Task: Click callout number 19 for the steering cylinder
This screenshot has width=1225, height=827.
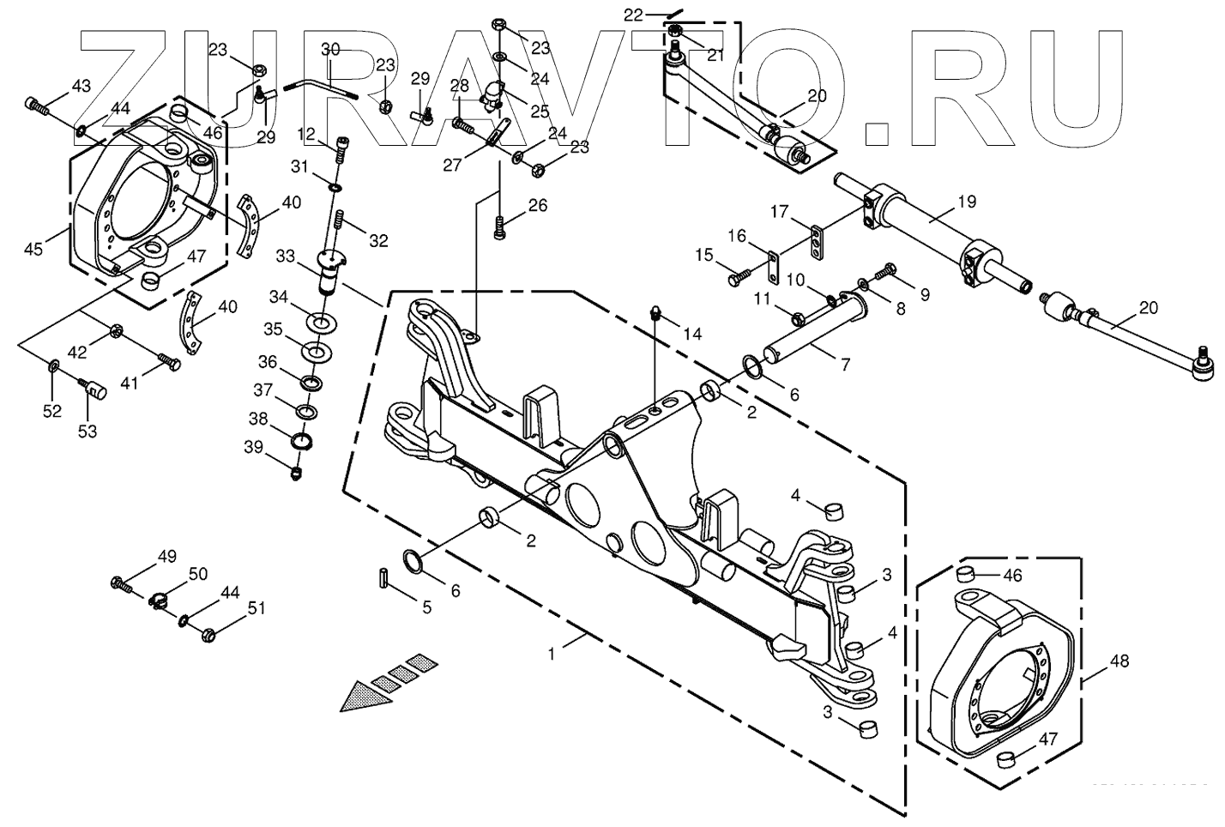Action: pos(966,202)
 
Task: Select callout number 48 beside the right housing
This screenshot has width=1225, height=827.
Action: pos(1119,661)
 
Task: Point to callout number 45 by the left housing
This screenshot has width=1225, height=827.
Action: pos(33,250)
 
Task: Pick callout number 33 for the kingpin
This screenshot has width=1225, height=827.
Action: pos(285,256)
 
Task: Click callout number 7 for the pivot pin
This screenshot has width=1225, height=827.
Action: pos(845,365)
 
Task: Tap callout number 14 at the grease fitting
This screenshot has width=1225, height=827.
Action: pos(692,333)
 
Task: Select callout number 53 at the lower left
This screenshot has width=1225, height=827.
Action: pos(87,432)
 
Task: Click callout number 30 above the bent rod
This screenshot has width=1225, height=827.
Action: pos(330,50)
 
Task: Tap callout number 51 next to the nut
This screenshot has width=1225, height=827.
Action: pos(256,608)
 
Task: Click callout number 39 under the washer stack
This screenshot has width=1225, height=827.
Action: pos(253,446)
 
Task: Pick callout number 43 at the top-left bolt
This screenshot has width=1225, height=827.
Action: pos(80,86)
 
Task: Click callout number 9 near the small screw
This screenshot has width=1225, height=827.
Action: pos(924,294)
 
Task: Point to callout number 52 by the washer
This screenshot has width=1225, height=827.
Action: pos(52,411)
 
